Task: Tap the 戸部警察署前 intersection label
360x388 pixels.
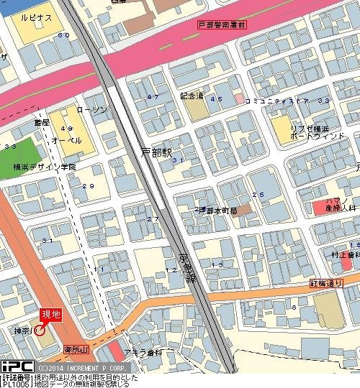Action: (221, 24)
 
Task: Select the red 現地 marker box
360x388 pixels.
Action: (50, 314)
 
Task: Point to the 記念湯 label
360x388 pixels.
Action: (192, 95)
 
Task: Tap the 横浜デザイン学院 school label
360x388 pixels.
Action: (45, 167)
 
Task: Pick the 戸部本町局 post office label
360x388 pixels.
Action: (218, 210)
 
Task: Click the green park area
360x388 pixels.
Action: (19, 150)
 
